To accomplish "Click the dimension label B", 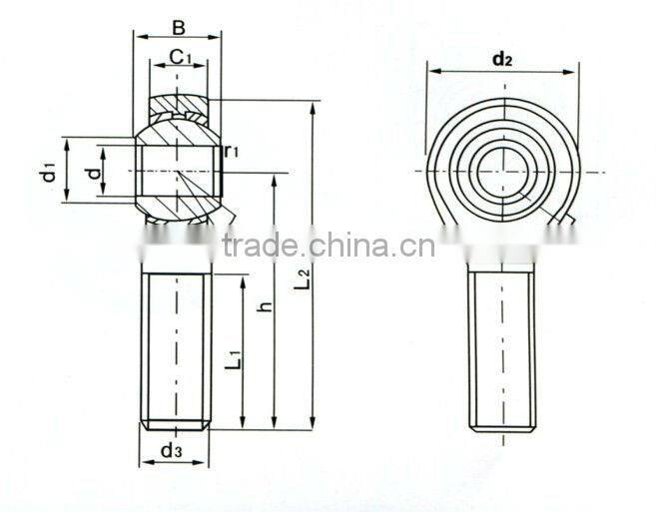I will tap(178, 26).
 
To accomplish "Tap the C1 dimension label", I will tap(180, 56).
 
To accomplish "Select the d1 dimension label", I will tap(47, 172).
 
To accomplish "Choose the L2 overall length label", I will tap(303, 278).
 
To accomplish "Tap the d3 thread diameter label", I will tap(171, 451).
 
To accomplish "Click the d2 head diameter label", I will tap(502, 59).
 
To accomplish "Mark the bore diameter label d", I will tap(94, 173).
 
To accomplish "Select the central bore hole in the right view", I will tap(503, 172).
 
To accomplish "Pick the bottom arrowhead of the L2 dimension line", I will tap(313, 424).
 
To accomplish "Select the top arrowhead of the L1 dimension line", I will tap(243, 279).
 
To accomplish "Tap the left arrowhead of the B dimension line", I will tap(139, 37).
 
